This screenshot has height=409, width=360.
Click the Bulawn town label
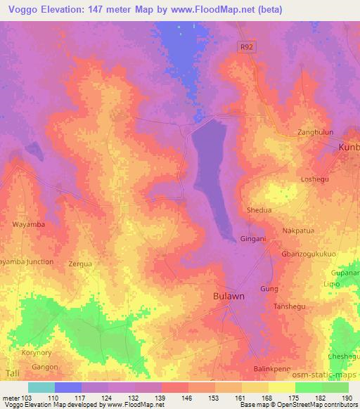pos(229,297)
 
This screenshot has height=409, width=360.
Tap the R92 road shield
pos(243,44)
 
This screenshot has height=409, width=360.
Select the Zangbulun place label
pos(314,132)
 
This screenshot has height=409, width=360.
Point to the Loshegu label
pos(314,179)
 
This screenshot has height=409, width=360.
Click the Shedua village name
pos(258,209)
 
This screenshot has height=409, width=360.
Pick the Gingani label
pos(253,239)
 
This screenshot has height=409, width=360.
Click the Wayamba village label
pos(29,225)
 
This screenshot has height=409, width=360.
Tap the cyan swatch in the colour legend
pos(41,387)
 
